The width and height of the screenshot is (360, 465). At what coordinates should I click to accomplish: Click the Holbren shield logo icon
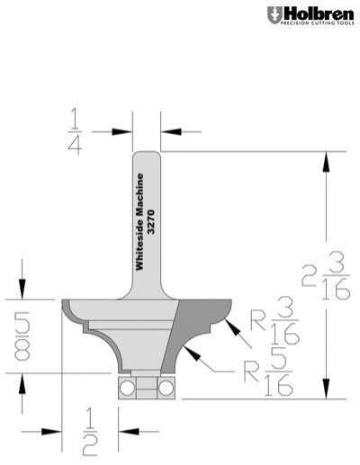274,15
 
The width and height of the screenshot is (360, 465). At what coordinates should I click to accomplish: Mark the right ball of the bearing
165,387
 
